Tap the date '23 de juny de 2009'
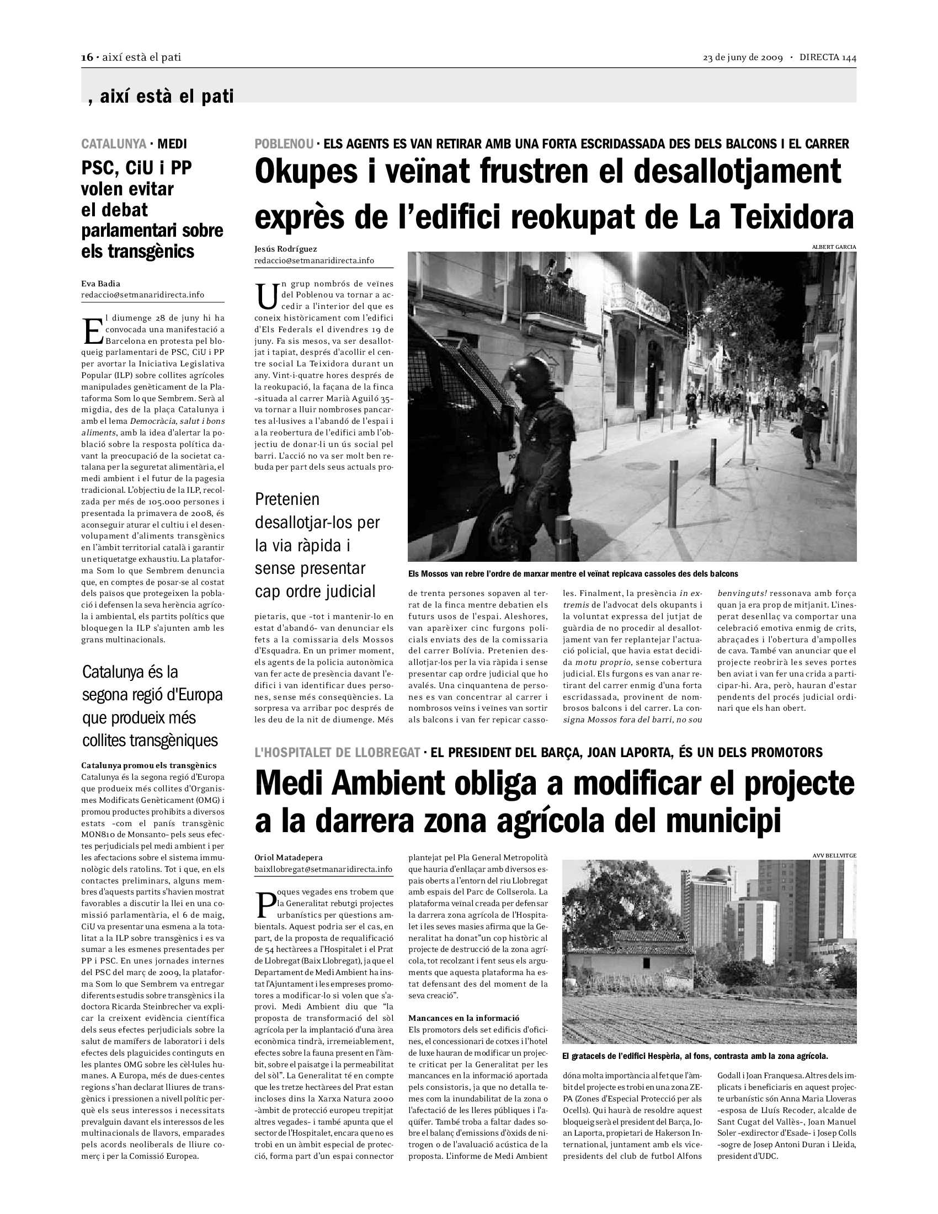(742, 58)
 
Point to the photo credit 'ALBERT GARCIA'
(834, 247)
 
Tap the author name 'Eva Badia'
(100, 284)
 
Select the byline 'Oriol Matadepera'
(289, 858)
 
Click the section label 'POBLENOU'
(284, 145)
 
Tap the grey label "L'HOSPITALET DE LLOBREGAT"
(337, 753)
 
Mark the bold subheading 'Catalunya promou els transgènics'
(149, 765)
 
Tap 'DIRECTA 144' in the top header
(828, 58)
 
